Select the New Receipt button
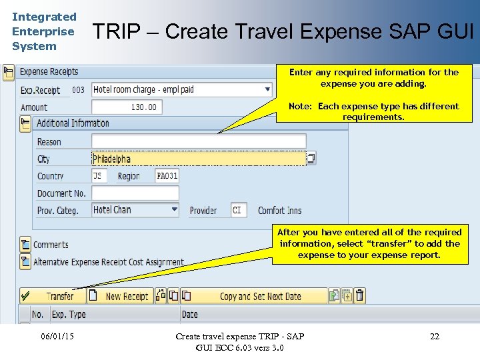click(120, 296)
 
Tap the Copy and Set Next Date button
click(253, 296)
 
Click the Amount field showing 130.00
click(126, 107)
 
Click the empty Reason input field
click(198, 141)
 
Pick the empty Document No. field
click(135, 193)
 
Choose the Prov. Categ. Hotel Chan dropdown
click(135, 210)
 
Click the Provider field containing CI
click(239, 211)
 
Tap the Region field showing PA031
click(167, 176)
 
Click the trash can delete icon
click(360, 296)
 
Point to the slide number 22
click(435, 337)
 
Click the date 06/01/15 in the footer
click(57, 337)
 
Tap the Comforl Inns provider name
click(279, 211)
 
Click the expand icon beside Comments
click(25, 245)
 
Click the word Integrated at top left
click(44, 17)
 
